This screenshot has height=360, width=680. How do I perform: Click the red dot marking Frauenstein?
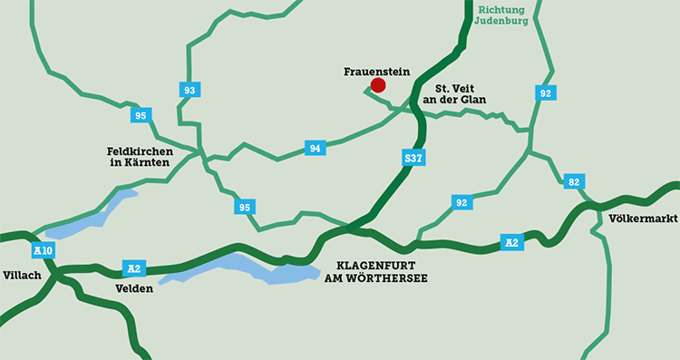[378, 85]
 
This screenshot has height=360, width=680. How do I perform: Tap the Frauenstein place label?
[378, 70]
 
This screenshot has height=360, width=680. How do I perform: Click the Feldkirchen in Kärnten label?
[139, 156]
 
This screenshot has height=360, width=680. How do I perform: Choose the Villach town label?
[23, 275]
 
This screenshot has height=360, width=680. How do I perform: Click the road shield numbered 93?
[189, 90]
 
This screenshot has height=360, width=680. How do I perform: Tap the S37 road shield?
[413, 159]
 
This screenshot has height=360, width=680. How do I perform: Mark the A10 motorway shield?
[42, 249]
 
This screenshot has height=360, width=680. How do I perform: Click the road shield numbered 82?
[573, 181]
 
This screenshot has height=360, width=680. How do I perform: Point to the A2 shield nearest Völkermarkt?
[512, 241]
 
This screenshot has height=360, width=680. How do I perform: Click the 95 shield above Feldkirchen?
[140, 115]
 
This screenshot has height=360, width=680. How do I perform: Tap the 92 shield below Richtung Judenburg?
[545, 92]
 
